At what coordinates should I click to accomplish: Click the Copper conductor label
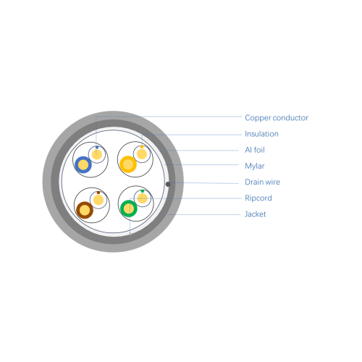(x=277, y=118)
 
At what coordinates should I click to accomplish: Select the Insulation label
(x=261, y=134)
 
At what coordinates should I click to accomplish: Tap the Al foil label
(x=255, y=150)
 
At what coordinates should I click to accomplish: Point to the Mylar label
(x=255, y=166)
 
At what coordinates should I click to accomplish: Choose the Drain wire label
(x=262, y=182)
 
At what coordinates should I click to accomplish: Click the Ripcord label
(x=258, y=198)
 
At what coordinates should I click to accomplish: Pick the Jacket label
(x=256, y=214)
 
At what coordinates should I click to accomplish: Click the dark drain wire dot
(x=168, y=184)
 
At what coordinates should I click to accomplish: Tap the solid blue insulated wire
(x=83, y=165)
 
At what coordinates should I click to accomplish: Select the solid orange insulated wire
(x=128, y=164)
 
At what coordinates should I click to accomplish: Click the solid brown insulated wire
(x=85, y=210)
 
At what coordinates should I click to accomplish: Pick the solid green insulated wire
(x=129, y=209)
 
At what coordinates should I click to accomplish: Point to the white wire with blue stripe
(x=97, y=154)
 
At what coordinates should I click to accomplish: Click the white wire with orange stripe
(x=142, y=154)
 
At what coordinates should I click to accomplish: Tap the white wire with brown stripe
(x=98, y=200)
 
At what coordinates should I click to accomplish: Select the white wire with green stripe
(x=143, y=198)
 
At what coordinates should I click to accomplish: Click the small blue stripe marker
(x=97, y=147)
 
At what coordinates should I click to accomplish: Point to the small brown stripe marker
(x=98, y=193)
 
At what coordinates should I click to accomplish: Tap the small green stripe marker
(x=143, y=191)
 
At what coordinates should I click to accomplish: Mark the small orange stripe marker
(x=142, y=147)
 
